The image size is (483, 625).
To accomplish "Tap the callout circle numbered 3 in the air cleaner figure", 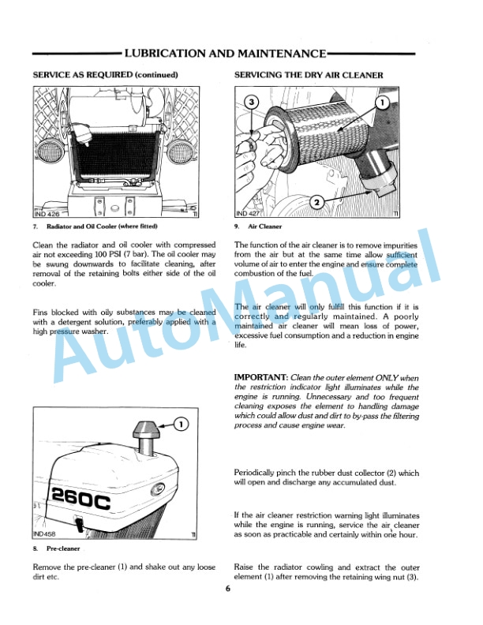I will coord(252,103).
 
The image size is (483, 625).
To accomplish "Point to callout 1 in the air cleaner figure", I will coord(382,103).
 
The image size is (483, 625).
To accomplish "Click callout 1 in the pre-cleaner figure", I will coord(181,425).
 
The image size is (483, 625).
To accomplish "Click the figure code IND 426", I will coord(48,213).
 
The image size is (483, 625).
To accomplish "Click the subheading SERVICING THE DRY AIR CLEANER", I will coord(309,75).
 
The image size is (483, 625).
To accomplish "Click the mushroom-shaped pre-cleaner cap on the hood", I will coord(144,432).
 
